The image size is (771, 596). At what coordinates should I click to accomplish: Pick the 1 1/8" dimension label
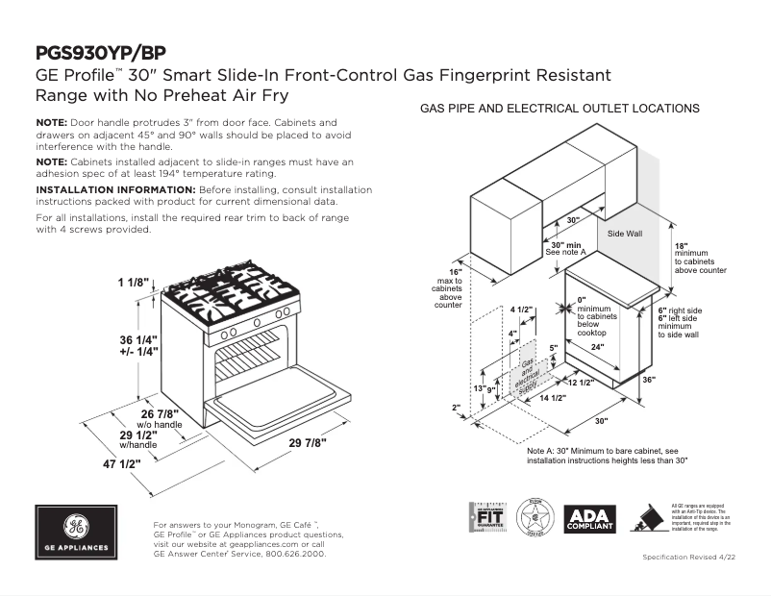[x=134, y=282]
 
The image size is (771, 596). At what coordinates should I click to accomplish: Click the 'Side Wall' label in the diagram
[x=625, y=234]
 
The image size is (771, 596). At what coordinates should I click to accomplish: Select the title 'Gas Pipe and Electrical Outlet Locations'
[x=560, y=109]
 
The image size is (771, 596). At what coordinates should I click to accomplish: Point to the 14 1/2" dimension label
[x=551, y=397]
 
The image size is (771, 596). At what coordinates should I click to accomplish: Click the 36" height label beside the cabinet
[x=675, y=379]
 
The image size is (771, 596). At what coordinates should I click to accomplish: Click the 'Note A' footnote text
[x=607, y=455]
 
